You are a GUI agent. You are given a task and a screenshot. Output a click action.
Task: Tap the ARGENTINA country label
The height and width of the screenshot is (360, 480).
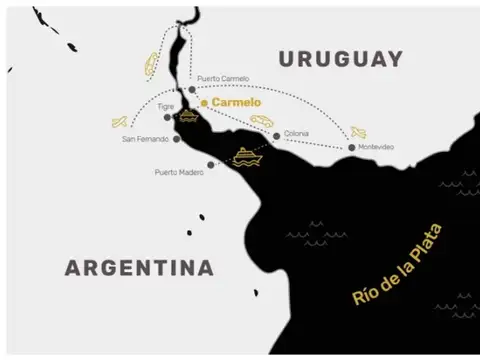139,268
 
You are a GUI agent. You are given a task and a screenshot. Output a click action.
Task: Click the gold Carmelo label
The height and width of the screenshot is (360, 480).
236,102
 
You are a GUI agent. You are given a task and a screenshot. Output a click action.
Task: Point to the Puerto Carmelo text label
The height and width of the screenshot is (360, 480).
223,78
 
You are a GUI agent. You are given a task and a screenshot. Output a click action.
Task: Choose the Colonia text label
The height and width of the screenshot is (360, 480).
296,133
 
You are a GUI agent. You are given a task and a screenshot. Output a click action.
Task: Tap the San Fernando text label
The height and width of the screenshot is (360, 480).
144,139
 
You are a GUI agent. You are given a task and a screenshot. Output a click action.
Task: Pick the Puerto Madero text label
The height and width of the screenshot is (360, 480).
179,172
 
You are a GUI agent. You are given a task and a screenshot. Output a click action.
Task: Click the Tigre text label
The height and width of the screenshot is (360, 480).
166,106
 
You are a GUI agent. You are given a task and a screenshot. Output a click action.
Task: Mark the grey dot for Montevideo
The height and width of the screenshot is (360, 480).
351,148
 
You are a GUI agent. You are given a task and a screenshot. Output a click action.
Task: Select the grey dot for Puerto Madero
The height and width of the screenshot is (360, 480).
210,165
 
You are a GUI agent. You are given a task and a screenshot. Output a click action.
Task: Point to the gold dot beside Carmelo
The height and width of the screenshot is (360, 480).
204,102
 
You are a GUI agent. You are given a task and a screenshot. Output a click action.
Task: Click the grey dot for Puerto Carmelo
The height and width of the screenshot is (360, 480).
192,89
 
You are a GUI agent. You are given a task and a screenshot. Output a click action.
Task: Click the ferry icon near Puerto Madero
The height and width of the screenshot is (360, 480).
246,157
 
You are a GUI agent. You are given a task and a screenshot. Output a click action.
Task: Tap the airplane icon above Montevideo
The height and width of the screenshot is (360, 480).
358,132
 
